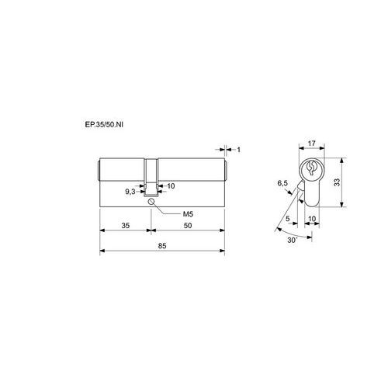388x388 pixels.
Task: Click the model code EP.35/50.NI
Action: [104, 125]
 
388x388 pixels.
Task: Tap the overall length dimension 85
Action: [162, 246]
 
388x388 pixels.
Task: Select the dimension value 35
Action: [126, 226]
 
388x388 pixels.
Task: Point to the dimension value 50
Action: [188, 226]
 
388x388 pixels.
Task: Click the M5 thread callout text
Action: [188, 214]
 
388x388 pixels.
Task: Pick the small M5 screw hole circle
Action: [151, 202]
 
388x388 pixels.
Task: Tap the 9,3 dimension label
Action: [130, 192]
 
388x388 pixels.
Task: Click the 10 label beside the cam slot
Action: [171, 185]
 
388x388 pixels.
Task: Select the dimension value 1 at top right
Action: [239, 150]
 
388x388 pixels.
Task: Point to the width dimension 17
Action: [312, 143]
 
